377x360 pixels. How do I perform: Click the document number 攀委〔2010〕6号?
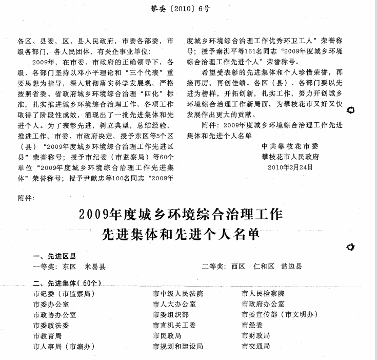click(188, 8)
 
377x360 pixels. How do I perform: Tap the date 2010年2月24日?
click(290, 166)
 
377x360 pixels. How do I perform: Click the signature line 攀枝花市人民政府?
click(290, 157)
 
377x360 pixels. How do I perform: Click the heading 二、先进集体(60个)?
click(67, 283)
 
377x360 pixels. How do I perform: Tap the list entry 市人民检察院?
click(263, 293)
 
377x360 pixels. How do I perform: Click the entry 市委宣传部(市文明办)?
click(280, 314)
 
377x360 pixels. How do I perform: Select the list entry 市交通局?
click(255, 346)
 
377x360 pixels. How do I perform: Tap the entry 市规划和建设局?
click(177, 346)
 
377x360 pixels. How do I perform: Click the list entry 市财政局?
click(255, 335)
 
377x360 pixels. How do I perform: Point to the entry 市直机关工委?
click(174, 325)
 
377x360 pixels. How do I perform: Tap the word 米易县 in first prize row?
click(95, 266)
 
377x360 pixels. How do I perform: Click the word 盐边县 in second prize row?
click(291, 266)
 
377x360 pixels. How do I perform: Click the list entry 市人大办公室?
click(174, 304)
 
